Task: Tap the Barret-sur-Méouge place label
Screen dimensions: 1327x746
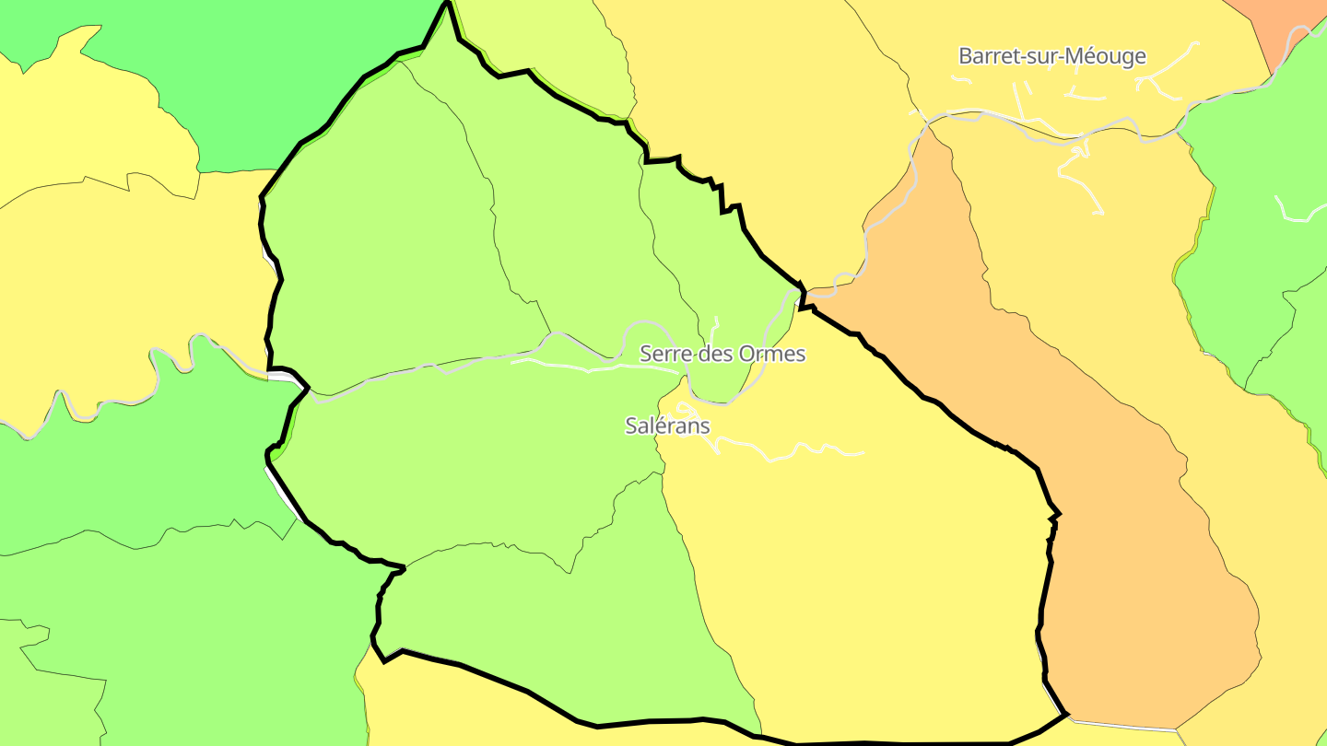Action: tap(1051, 56)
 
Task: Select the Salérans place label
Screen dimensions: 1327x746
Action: tap(667, 425)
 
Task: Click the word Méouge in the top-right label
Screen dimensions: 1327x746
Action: tap(1106, 56)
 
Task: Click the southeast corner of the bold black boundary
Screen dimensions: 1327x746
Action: tap(1066, 714)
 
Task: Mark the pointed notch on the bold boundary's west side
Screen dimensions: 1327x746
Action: tap(307, 388)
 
